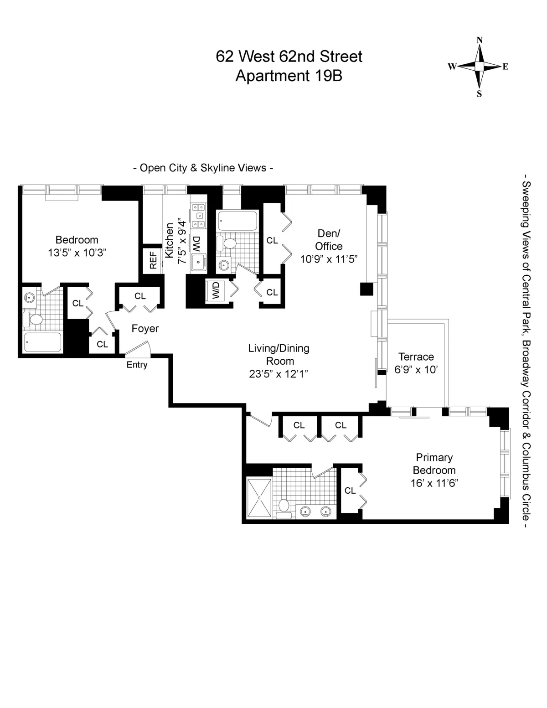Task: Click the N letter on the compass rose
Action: [x=480, y=40]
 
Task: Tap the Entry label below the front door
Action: [x=137, y=365]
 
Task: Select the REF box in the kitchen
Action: [x=153, y=260]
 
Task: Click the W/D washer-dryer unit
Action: [x=215, y=291]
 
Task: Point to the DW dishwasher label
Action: [x=196, y=244]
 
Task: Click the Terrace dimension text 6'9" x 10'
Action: [x=416, y=370]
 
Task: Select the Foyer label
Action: [x=145, y=328]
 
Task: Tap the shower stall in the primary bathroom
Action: [x=259, y=498]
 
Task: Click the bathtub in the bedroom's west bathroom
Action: [x=42, y=342]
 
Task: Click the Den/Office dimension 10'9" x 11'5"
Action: [x=328, y=259]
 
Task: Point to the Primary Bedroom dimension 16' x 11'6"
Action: [x=434, y=483]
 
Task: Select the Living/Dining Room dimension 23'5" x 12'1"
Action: [x=279, y=374]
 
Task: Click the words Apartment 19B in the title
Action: [x=289, y=76]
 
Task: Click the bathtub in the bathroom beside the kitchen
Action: [x=237, y=222]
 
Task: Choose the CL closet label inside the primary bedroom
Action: [x=350, y=491]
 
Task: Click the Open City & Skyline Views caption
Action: [x=203, y=168]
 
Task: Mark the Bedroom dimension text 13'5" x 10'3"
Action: [x=77, y=253]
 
